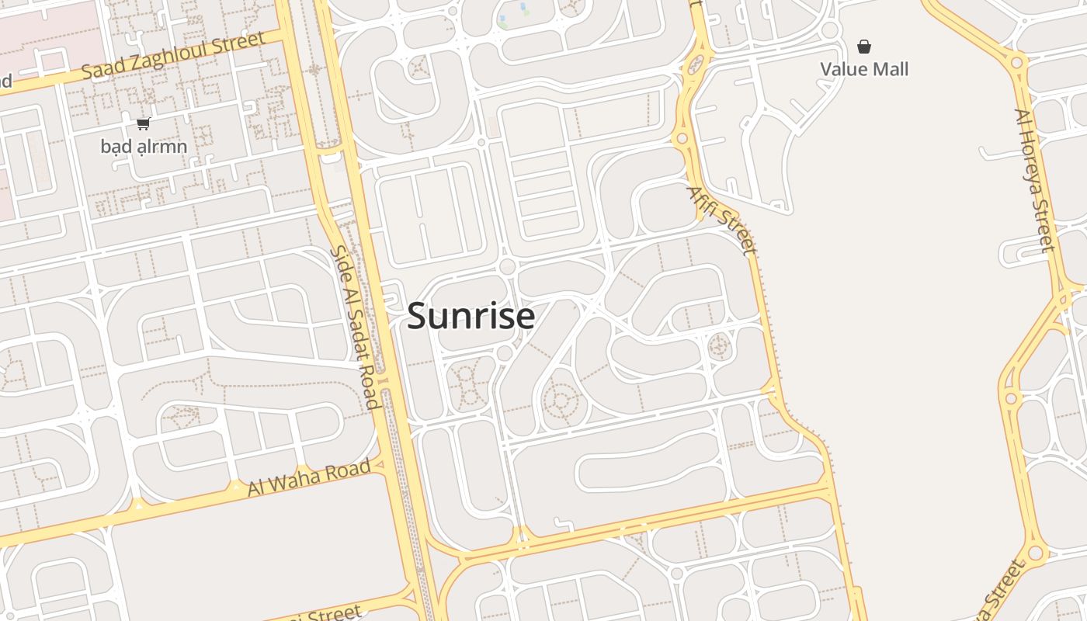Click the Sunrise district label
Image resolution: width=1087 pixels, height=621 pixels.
click(x=471, y=317)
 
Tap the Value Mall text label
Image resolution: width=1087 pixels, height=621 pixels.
click(x=864, y=69)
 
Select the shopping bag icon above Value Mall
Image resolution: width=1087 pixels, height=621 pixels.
click(x=864, y=47)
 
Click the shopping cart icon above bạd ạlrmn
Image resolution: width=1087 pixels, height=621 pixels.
click(x=143, y=123)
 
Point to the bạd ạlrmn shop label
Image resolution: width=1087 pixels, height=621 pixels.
click(x=144, y=146)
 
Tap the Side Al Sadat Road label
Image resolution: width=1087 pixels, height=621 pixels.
click(x=354, y=327)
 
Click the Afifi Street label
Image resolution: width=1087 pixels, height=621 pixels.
click(x=721, y=220)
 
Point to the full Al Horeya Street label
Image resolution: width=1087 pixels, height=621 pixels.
click(x=1033, y=180)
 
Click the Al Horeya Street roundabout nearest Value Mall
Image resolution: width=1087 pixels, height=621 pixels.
click(x=1016, y=61)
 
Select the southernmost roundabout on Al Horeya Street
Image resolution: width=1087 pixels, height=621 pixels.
click(x=1034, y=553)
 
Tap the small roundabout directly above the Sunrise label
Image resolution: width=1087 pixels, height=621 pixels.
click(x=508, y=266)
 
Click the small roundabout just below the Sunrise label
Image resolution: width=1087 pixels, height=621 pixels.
click(x=505, y=353)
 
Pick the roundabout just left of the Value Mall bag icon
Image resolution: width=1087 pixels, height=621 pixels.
click(x=830, y=30)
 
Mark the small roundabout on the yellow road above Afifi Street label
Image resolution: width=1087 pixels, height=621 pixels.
click(x=682, y=139)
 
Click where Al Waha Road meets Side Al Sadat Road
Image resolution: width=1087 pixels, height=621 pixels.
click(x=382, y=465)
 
